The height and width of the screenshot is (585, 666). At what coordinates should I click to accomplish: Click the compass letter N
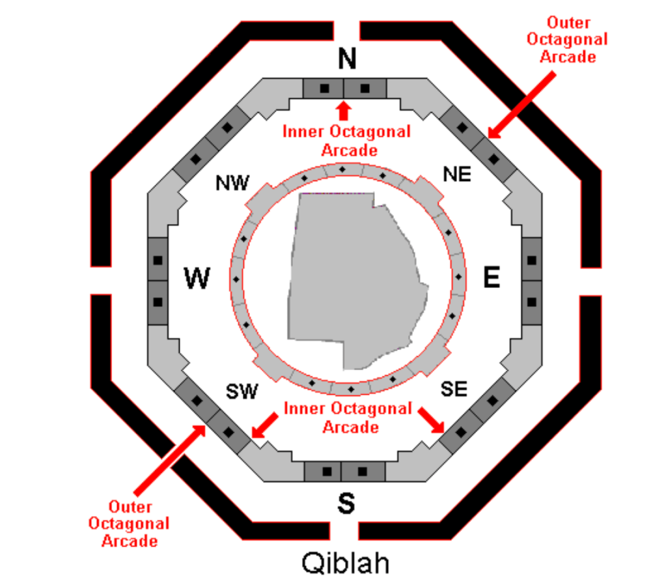pyautogui.click(x=348, y=59)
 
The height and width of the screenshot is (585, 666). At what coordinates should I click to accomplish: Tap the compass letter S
pyautogui.click(x=346, y=503)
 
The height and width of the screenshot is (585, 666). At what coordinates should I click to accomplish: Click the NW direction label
pyautogui.click(x=232, y=184)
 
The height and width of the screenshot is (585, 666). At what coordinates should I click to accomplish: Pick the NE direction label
pyautogui.click(x=457, y=175)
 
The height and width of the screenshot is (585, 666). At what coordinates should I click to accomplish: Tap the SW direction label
pyautogui.click(x=242, y=392)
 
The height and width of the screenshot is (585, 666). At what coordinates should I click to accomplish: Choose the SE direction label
pyautogui.click(x=454, y=389)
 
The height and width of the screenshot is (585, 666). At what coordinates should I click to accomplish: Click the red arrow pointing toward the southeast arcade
pyautogui.click(x=432, y=420)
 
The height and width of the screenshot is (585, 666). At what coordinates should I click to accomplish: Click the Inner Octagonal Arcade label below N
pyautogui.click(x=346, y=140)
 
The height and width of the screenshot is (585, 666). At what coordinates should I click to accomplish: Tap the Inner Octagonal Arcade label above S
pyautogui.click(x=348, y=418)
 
